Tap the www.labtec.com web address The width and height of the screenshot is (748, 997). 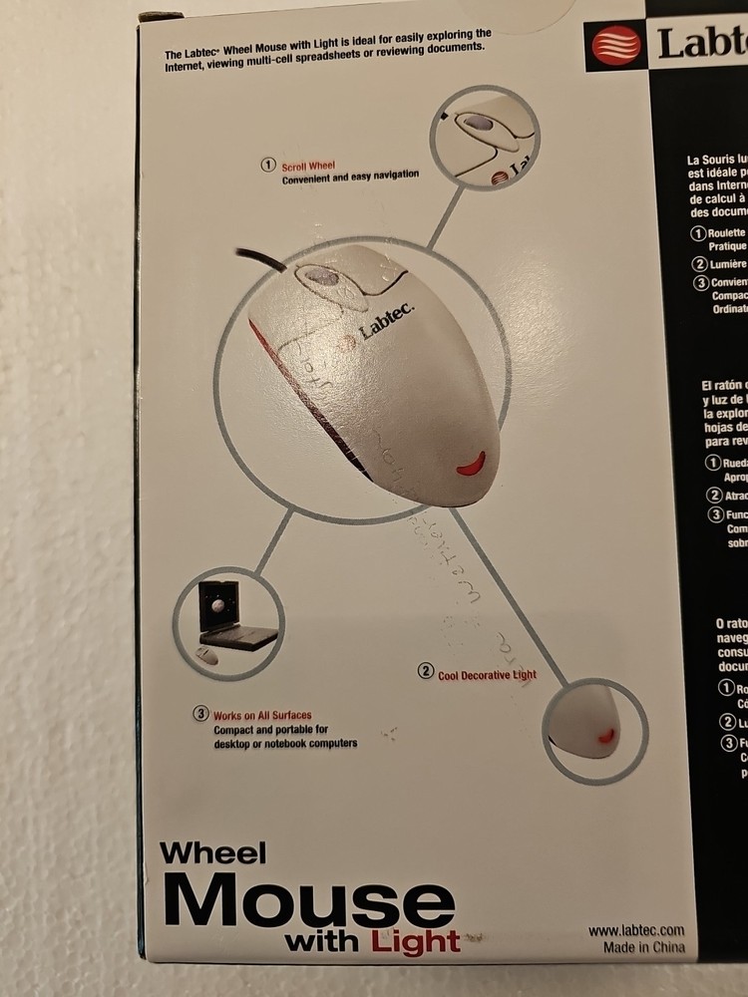[x=635, y=929]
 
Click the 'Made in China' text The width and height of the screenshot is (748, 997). [x=643, y=947]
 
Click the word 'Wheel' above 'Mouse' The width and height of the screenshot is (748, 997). [x=213, y=853]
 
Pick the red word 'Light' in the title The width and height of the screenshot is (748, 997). [x=416, y=940]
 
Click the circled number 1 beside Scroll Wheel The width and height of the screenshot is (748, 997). [x=267, y=165]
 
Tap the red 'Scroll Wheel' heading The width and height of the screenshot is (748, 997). [x=309, y=165]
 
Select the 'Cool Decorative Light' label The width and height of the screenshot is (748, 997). [x=488, y=675]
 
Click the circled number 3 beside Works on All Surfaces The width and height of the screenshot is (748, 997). [x=200, y=714]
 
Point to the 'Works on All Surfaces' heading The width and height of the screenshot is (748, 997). [x=262, y=715]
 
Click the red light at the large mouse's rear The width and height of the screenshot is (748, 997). [x=470, y=462]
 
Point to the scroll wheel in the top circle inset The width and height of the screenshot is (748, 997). [x=480, y=125]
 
